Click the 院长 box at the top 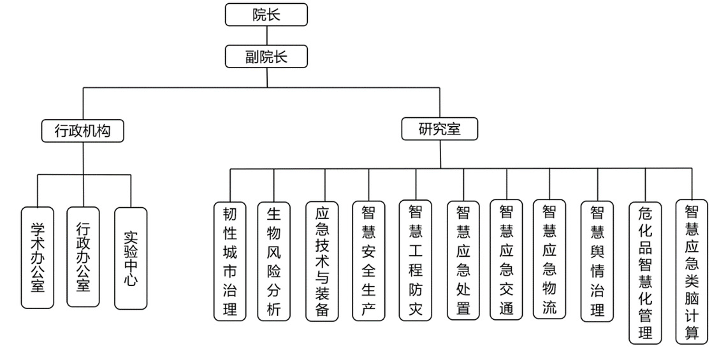pos(266,15)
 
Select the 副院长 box pos(266,57)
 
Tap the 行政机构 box pos(83,131)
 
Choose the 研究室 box pos(439,129)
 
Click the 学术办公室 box pos(38,257)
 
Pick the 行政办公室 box pos(83,257)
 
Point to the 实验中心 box pos(131,258)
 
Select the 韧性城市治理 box pos(229,261)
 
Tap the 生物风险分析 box pos(274,261)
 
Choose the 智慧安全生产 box pos(368,261)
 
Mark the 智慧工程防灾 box pos(416,261)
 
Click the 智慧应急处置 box pos(463,261)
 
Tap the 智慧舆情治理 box pos(597,261)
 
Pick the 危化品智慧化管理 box pos(645,273)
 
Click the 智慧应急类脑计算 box pos(692,272)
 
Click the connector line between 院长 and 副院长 pos(266,36)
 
